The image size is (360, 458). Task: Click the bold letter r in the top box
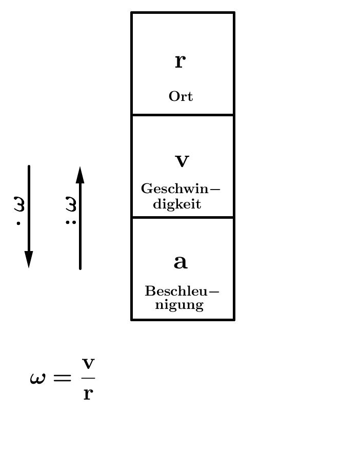pos(180,61)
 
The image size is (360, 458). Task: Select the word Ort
pos(181,96)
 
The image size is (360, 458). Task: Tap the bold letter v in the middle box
pos(182,161)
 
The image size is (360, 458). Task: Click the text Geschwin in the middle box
pos(175,189)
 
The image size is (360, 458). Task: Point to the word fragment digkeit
pos(177,204)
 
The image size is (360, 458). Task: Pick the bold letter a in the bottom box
pos(181,262)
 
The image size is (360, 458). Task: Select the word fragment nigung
pos(179,305)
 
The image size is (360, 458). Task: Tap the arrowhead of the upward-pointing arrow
pos(80,175)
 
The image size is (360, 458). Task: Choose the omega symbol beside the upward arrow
pos(71,204)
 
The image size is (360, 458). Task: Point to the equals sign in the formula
pos(62,378)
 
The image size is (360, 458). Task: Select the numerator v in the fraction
pos(88,364)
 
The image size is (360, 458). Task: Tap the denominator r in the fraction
pos(88,393)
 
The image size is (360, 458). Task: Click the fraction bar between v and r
pos(88,378)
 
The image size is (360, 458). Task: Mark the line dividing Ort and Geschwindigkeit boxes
pos(183,115)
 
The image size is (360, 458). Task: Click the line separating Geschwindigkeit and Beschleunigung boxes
pos(183,217)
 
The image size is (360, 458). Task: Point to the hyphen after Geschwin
pos(215,189)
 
